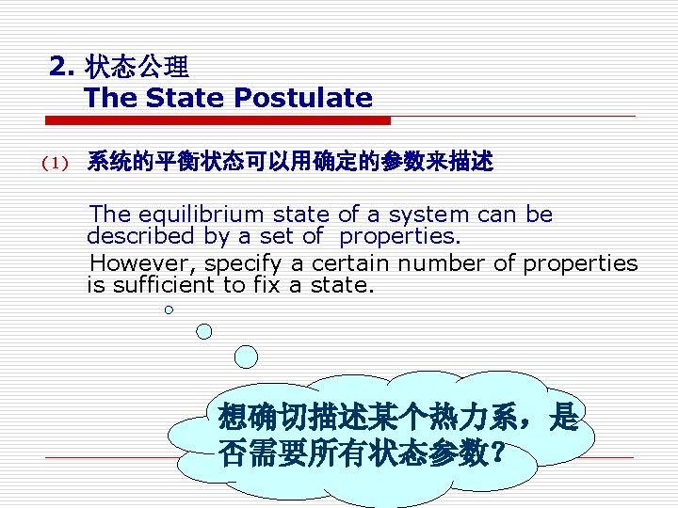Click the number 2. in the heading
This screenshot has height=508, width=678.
coord(62,67)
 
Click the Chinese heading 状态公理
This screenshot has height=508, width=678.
coord(137,67)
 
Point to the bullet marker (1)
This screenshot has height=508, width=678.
coord(56,164)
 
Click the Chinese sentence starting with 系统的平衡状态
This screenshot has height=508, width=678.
coord(289,163)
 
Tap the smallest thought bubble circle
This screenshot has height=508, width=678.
coord(169,310)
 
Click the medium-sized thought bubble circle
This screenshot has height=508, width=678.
coord(205,330)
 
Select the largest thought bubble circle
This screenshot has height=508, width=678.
coord(246,357)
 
